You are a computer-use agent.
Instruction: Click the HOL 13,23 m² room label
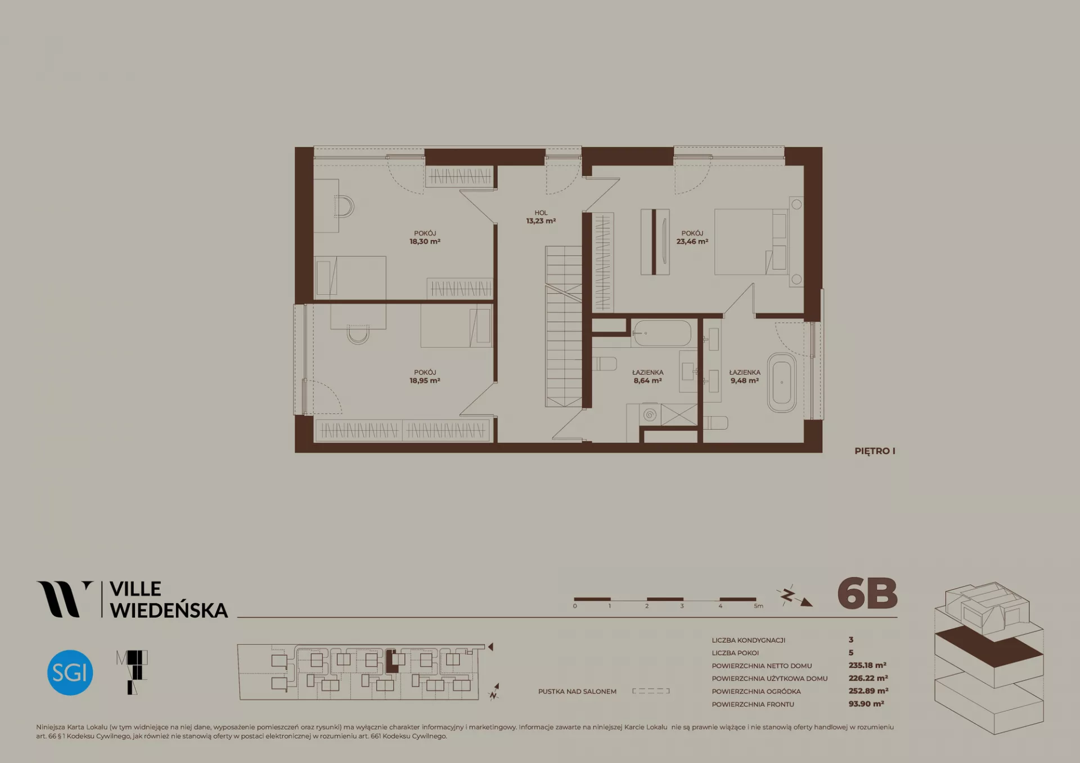pyautogui.click(x=541, y=217)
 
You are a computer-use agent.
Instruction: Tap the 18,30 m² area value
pyautogui.click(x=425, y=242)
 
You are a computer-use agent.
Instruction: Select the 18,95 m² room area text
pyautogui.click(x=425, y=381)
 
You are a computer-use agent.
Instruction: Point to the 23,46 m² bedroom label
pyautogui.click(x=692, y=237)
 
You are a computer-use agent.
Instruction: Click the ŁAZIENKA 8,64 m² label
pyautogui.click(x=647, y=376)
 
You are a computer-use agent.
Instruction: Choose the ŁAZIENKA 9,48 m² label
pyautogui.click(x=745, y=376)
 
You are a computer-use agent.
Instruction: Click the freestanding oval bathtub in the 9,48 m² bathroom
pyautogui.click(x=782, y=383)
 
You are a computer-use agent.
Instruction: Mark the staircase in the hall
pyautogui.click(x=563, y=326)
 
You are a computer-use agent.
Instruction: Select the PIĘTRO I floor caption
pyautogui.click(x=875, y=451)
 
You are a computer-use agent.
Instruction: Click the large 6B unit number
pyautogui.click(x=867, y=594)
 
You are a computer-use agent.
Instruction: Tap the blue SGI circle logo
pyautogui.click(x=70, y=672)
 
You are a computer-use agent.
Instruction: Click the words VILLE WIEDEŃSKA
pyautogui.click(x=168, y=599)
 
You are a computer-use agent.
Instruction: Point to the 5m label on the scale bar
pyautogui.click(x=758, y=606)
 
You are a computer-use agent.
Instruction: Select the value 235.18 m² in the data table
pyautogui.click(x=867, y=665)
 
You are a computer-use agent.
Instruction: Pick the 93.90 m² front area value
pyautogui.click(x=866, y=704)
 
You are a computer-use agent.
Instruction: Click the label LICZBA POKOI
pyautogui.click(x=735, y=653)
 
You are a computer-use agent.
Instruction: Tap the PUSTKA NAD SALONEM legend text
pyautogui.click(x=577, y=692)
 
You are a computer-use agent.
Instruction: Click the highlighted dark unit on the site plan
pyautogui.click(x=391, y=662)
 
